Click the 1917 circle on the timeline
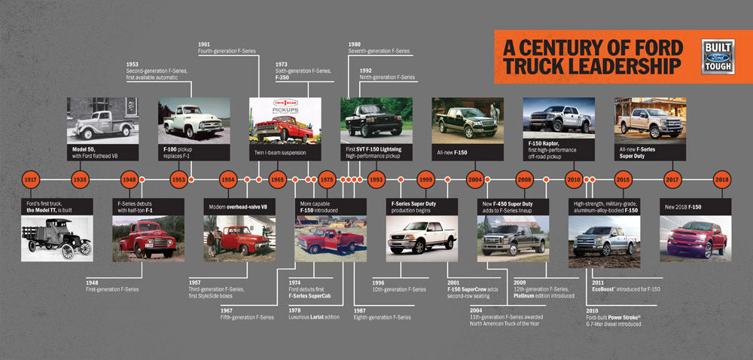pyautogui.click(x=31, y=181)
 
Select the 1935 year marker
pyautogui.click(x=81, y=181)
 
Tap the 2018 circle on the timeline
pyautogui.click(x=721, y=181)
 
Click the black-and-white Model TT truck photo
pyautogui.click(x=56, y=239)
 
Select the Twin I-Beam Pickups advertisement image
pyautogui.click(x=285, y=121)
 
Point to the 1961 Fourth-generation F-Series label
pyautogui.click(x=227, y=47)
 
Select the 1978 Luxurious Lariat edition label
pyautogui.click(x=315, y=313)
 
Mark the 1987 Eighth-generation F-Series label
pyautogui.click(x=383, y=313)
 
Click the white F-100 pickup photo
pyautogui.click(x=194, y=121)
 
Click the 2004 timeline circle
pyautogui.click(x=474, y=181)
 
